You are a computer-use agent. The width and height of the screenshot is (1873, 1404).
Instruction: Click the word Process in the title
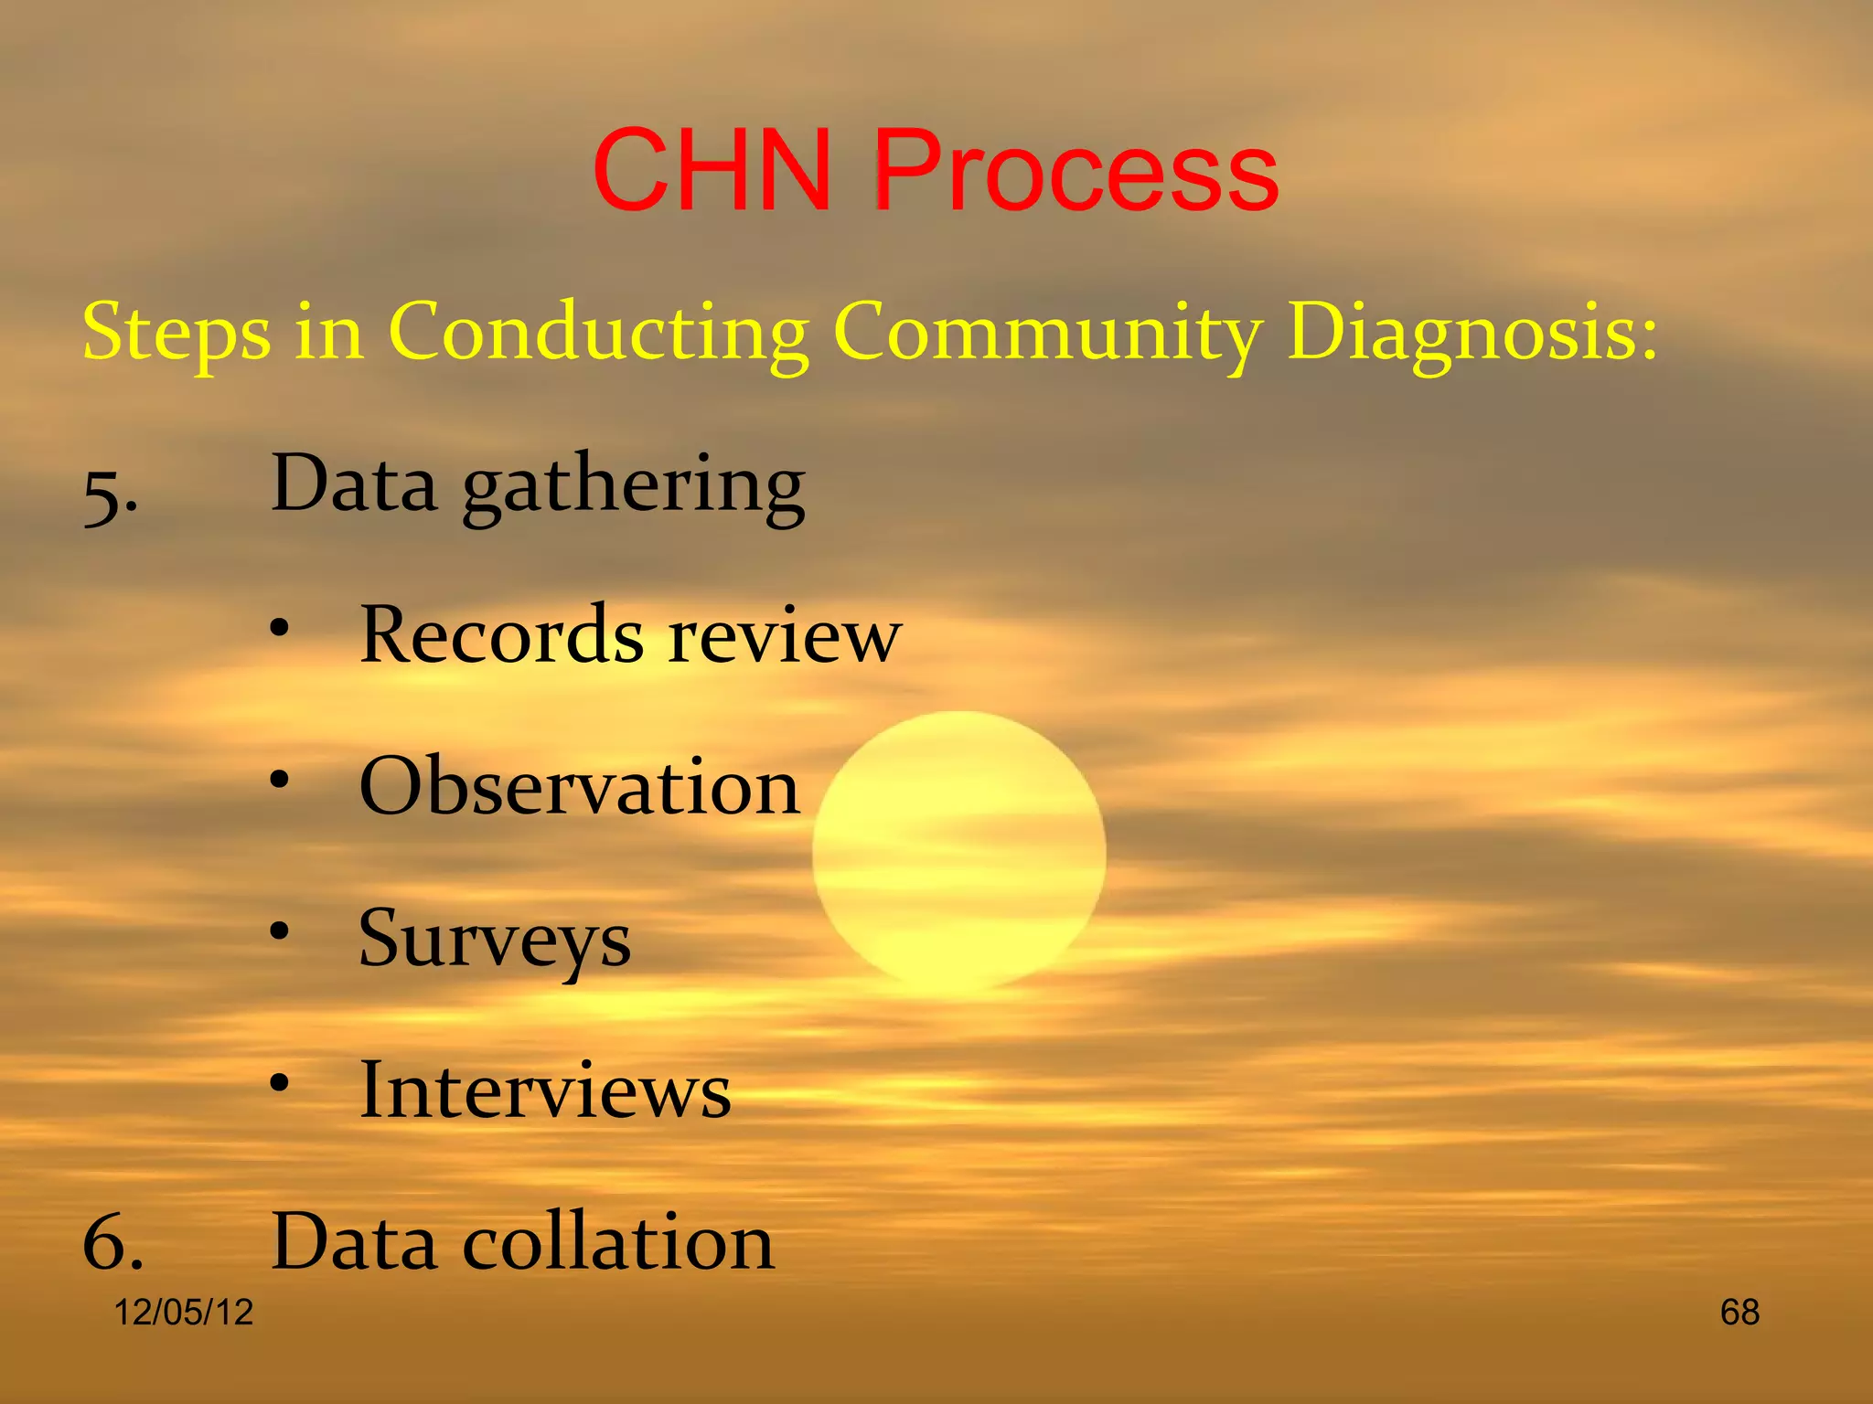(x=1076, y=171)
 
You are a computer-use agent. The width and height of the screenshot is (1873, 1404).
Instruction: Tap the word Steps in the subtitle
(x=177, y=332)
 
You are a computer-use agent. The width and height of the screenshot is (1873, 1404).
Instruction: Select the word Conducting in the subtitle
(x=599, y=332)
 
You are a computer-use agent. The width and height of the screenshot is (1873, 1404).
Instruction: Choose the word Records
(x=502, y=634)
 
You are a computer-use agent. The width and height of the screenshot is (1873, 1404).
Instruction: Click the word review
(x=785, y=636)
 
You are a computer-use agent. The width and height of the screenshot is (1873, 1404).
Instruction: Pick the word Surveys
(x=495, y=940)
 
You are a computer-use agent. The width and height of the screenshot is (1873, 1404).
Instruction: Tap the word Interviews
(x=546, y=1090)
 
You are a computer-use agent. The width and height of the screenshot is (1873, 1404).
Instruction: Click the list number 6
(x=112, y=1243)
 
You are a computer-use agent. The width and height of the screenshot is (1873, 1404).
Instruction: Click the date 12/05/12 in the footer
(x=183, y=1313)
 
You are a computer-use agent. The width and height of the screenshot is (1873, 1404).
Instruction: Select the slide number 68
(x=1739, y=1313)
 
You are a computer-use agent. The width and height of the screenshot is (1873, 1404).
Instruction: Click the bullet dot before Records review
(x=280, y=630)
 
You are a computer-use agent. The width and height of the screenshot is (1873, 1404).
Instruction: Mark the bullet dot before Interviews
(x=280, y=1084)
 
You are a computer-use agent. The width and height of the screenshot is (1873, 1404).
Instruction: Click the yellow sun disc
(x=958, y=850)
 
